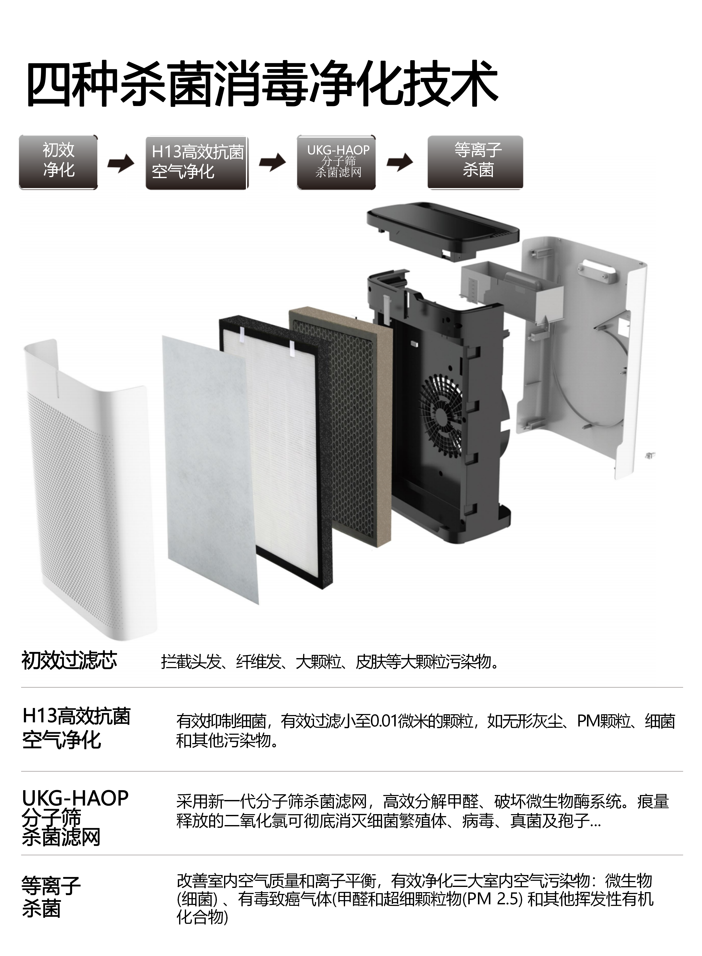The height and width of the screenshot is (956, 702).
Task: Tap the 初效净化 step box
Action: pyautogui.click(x=58, y=162)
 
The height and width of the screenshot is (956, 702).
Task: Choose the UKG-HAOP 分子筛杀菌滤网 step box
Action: pyautogui.click(x=336, y=162)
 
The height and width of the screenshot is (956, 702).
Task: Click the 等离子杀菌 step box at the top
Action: pyautogui.click(x=475, y=162)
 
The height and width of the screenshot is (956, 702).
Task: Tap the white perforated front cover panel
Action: pyautogui.click(x=89, y=489)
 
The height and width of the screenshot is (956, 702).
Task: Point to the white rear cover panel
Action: pyautogui.click(x=582, y=353)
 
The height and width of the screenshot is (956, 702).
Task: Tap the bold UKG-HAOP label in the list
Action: pyautogui.click(x=75, y=798)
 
